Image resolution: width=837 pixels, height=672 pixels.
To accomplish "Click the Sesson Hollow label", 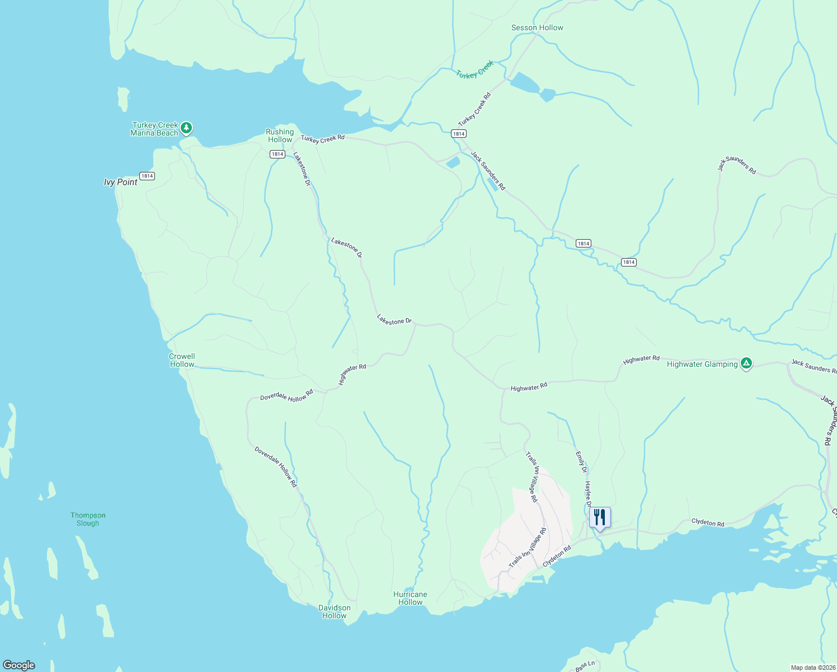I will click(x=537, y=27).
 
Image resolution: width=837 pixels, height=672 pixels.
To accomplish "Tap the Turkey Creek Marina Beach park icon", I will click(x=186, y=128).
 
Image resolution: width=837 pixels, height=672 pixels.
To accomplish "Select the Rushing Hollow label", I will click(x=279, y=136).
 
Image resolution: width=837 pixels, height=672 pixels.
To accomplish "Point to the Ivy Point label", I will click(x=120, y=182).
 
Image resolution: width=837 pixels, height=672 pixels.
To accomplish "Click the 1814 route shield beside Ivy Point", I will click(x=147, y=176).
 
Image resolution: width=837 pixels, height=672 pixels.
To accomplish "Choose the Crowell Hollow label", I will click(x=182, y=360).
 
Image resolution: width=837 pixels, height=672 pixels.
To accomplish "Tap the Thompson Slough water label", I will click(x=88, y=519).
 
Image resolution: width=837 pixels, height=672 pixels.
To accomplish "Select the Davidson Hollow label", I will click(x=334, y=612).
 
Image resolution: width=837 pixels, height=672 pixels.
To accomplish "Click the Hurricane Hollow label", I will click(x=410, y=598).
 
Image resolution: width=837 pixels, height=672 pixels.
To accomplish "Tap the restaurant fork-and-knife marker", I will click(x=599, y=517).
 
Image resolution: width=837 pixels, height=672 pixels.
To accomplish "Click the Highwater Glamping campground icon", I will click(x=746, y=363).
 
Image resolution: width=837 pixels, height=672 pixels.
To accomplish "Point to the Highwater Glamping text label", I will click(x=702, y=364).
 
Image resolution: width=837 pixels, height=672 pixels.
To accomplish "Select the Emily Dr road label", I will click(x=581, y=462).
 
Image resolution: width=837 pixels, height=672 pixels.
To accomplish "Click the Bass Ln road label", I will click(x=585, y=666).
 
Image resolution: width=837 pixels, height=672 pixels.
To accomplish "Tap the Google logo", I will click(x=19, y=665).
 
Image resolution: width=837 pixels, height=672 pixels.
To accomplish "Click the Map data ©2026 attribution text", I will click(x=812, y=668).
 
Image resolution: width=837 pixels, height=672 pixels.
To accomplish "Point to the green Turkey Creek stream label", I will click(x=474, y=70).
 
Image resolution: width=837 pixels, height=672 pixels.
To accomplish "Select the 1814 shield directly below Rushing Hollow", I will click(x=277, y=154).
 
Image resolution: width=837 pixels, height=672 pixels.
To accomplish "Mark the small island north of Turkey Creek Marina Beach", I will click(x=123, y=99).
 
